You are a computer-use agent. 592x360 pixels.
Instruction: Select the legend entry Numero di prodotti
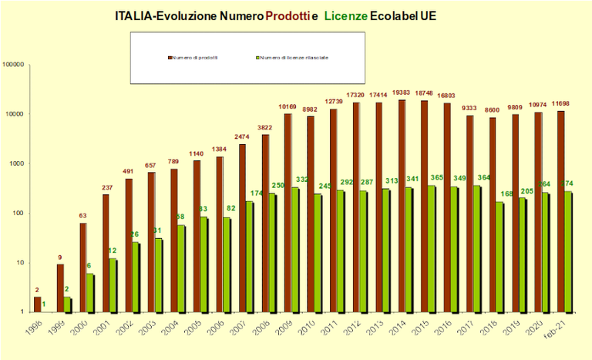[x=194, y=57]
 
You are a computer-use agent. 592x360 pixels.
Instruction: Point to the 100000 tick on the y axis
[x=15, y=65]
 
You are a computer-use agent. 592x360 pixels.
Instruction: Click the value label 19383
[x=401, y=93]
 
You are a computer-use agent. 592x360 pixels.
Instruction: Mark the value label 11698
[x=560, y=103]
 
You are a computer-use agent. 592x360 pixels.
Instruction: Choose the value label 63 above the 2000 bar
[x=82, y=217]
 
